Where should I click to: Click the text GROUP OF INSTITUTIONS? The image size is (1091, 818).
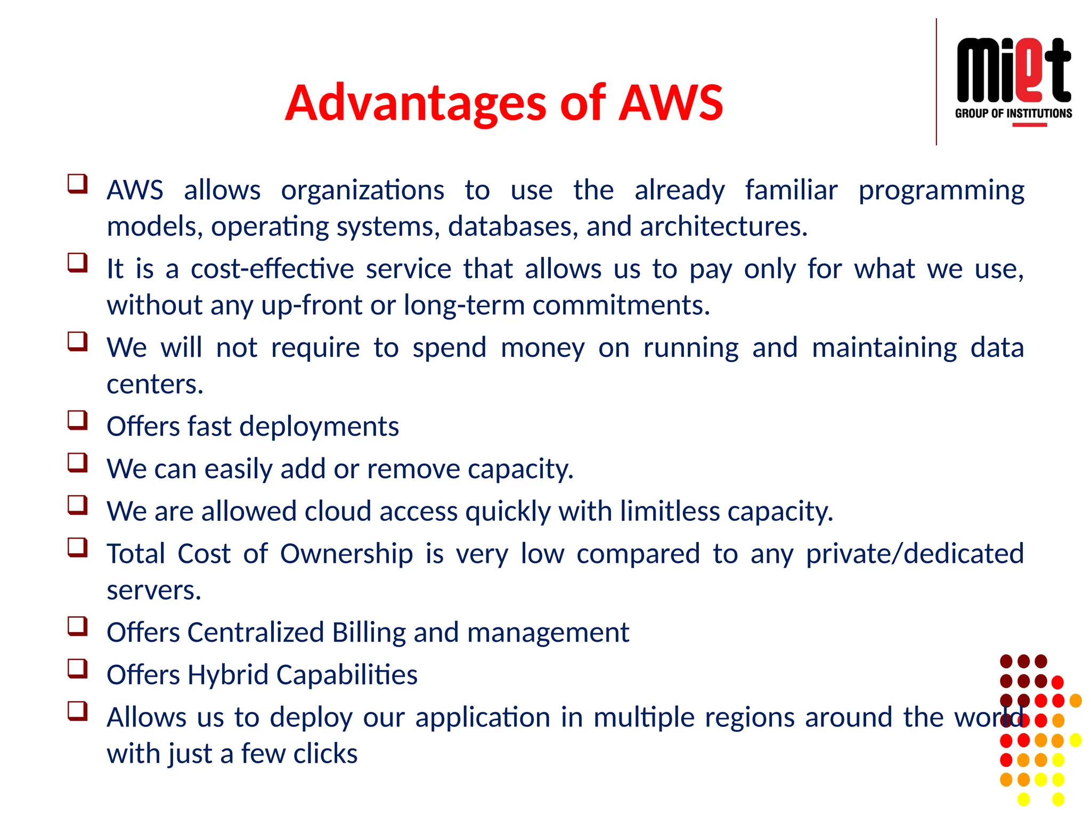coord(1013,113)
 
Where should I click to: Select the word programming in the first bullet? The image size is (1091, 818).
coord(941,191)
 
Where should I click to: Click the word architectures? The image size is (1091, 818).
coord(723,227)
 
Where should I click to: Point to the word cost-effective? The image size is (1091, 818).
coord(272,268)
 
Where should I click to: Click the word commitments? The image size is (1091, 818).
coord(621,306)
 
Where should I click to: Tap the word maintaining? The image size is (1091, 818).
coord(884,348)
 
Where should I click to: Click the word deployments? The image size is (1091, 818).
coord(319,427)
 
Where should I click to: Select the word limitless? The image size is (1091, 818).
coord(670,511)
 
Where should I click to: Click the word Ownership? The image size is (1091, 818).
coord(346,554)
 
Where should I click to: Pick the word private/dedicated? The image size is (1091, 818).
coord(914,554)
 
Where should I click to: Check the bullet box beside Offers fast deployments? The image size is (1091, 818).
coord(78,420)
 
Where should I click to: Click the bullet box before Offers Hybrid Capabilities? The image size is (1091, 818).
coord(78,668)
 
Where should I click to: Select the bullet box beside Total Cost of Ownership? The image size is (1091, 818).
coord(78,547)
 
